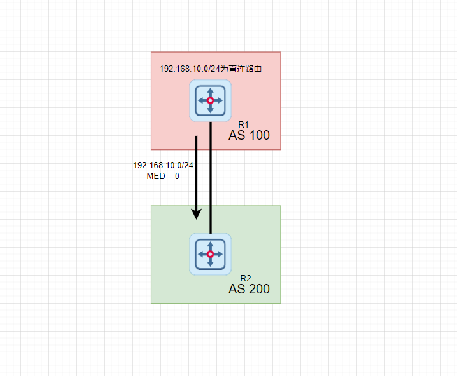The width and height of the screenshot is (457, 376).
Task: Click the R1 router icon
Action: [x=210, y=100]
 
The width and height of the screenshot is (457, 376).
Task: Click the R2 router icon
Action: [x=210, y=254]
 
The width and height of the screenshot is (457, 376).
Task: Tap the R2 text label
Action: [x=246, y=278]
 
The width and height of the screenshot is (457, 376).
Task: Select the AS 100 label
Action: [x=249, y=135]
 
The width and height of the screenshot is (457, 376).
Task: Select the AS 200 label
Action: [x=249, y=289]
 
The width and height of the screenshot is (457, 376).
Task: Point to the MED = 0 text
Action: [x=163, y=176]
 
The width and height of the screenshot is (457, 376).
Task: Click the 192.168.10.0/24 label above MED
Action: [x=163, y=165]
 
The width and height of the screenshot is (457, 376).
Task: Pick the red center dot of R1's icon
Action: [x=210, y=100]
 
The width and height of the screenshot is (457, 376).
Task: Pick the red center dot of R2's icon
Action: [x=210, y=254]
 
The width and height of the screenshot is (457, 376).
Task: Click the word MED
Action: [x=155, y=176]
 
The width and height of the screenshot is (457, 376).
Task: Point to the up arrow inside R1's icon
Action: [x=210, y=91]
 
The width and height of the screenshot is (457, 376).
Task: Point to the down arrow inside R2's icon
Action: [x=210, y=263]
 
